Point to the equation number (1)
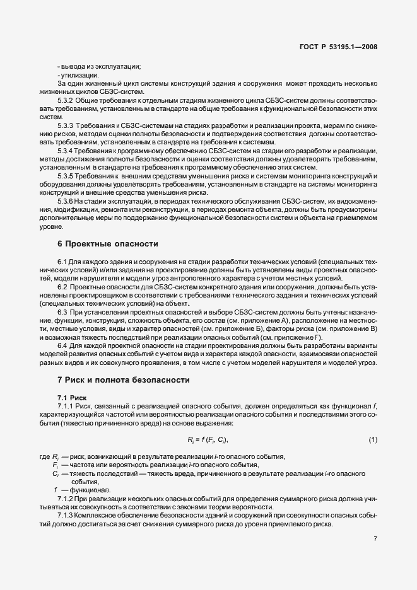(372, 439)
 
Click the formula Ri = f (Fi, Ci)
(208, 439)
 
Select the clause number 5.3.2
(66, 100)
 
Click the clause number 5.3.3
(66, 127)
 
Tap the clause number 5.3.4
(66, 153)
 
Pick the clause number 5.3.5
(66, 176)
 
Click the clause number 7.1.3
(66, 515)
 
